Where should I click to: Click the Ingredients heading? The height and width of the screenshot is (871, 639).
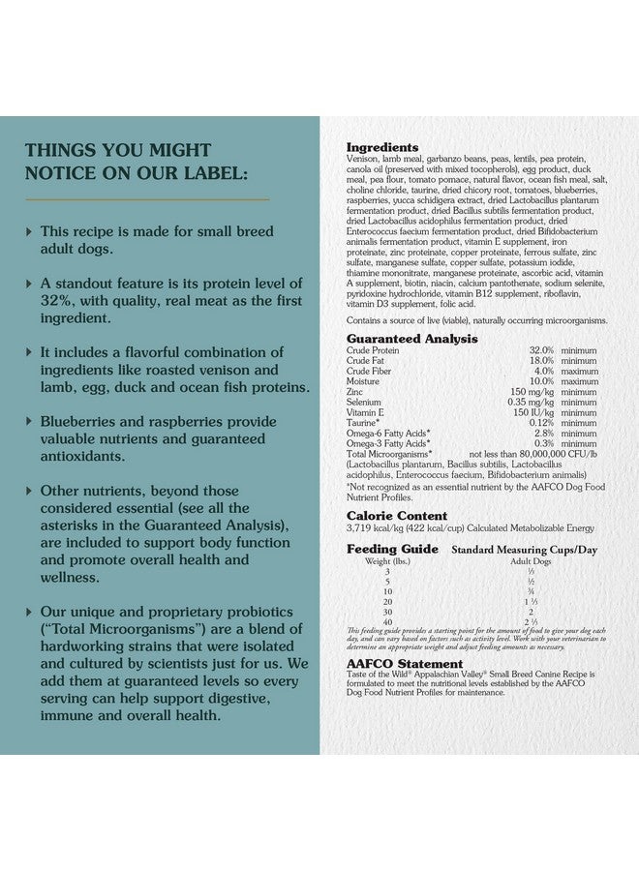[382, 147]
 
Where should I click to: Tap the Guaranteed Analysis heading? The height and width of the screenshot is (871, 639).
[411, 339]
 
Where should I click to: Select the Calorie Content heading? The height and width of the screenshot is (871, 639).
[397, 516]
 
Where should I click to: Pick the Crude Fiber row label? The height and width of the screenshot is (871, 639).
[371, 371]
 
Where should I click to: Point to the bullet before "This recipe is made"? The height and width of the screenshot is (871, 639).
[29, 232]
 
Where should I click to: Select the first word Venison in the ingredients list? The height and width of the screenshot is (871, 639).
[364, 159]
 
